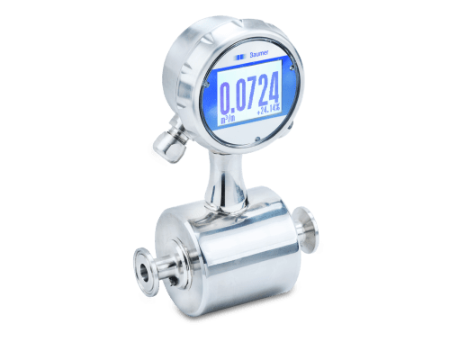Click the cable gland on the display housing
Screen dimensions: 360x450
(x=166, y=140)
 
